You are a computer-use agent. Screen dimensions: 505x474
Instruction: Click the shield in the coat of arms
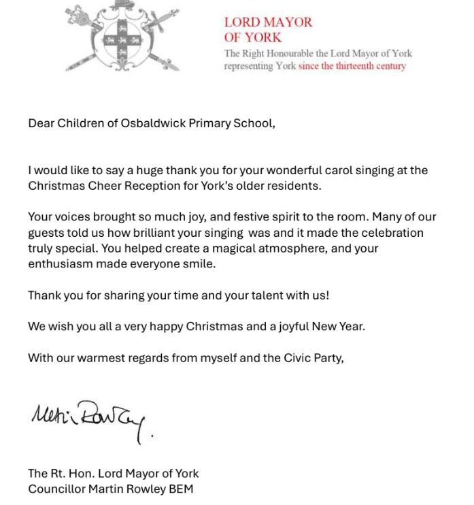click(122, 39)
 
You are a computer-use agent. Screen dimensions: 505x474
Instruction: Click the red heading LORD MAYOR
click(268, 22)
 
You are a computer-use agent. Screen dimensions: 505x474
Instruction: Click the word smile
click(199, 264)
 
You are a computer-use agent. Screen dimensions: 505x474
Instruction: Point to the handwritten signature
click(92, 417)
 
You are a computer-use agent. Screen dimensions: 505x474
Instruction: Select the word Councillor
click(57, 489)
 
